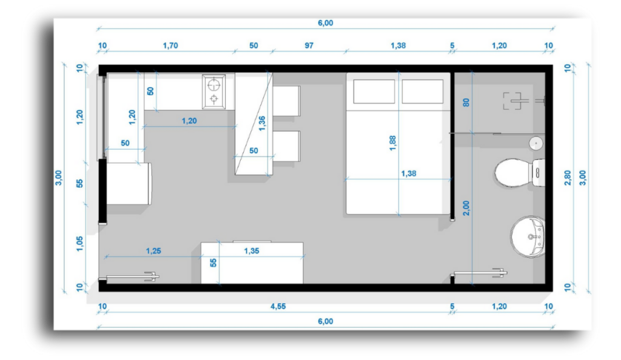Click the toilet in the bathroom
[x=519, y=173]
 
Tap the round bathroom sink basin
[x=528, y=236]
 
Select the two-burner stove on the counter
[x=214, y=92]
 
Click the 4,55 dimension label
[x=278, y=306]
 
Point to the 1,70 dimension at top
[x=170, y=45]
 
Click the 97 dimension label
[x=309, y=45]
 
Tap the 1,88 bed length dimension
[x=392, y=143]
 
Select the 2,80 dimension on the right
[x=568, y=178]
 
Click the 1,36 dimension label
[x=262, y=124]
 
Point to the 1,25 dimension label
[x=153, y=251]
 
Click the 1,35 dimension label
[x=252, y=251]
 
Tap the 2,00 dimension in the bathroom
[x=466, y=208]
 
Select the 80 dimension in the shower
[x=466, y=102]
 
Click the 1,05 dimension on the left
[x=79, y=244]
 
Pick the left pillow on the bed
[x=374, y=92]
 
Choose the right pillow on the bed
[x=423, y=92]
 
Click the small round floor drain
[x=536, y=143]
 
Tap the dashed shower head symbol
[x=512, y=101]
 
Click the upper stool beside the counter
[x=286, y=101]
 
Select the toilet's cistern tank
[x=539, y=173]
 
